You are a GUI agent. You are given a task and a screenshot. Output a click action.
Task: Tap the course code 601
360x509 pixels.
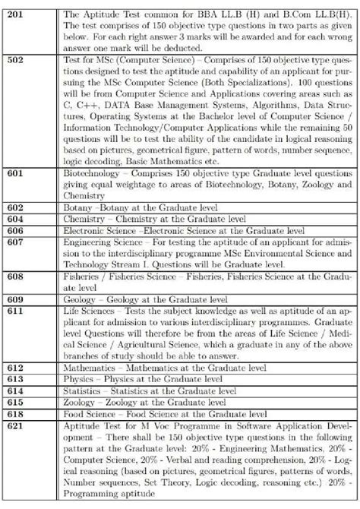click(x=16, y=173)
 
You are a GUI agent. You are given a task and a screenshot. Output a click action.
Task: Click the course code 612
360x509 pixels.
click(x=16, y=368)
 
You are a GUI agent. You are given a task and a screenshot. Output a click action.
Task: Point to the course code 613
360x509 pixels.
click(x=16, y=379)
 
